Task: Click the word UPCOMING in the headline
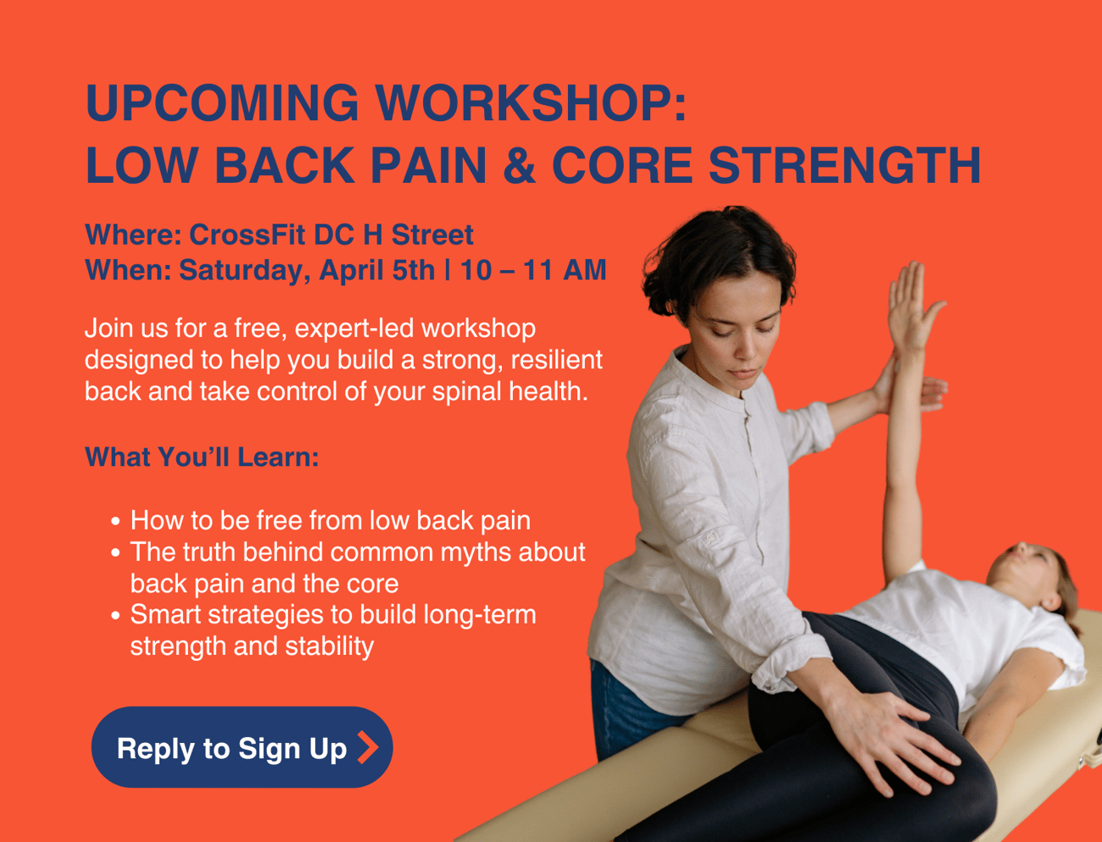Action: click(222, 102)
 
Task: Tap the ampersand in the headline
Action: click(519, 165)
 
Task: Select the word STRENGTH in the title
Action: click(844, 165)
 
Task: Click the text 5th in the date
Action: click(413, 270)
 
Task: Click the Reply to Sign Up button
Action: click(242, 747)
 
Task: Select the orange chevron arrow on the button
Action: click(368, 747)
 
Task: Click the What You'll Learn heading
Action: click(202, 457)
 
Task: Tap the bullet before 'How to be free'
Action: click(115, 522)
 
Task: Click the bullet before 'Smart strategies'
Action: click(115, 615)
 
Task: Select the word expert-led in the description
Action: click(354, 329)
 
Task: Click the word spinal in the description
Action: click(466, 392)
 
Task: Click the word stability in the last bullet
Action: click(330, 647)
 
